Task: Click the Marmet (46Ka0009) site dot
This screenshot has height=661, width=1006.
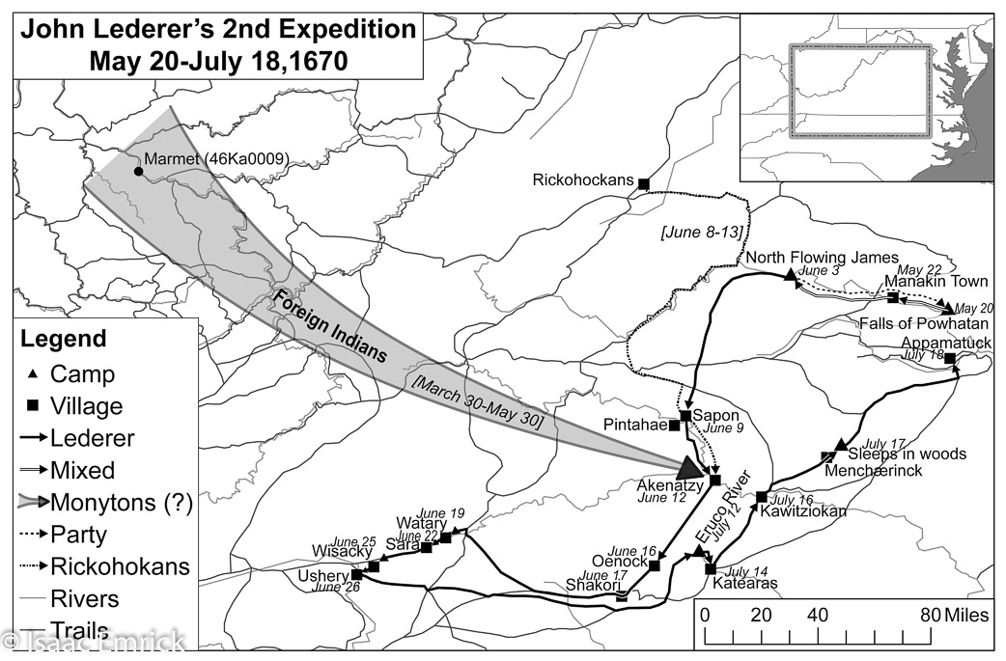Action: click(x=139, y=172)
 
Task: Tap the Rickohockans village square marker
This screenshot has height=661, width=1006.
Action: click(x=644, y=183)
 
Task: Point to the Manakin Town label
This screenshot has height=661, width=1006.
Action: click(x=936, y=282)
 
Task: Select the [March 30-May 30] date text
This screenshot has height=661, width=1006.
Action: click(x=477, y=399)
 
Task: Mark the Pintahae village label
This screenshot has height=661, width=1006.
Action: click(x=635, y=425)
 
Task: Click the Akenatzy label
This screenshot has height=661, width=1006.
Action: click(x=669, y=483)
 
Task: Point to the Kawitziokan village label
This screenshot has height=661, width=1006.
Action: click(x=803, y=511)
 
